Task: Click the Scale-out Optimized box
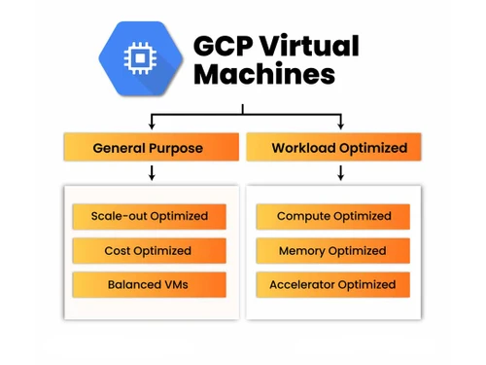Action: click(x=149, y=216)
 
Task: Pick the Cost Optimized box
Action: click(x=149, y=251)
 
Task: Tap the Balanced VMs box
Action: click(x=149, y=285)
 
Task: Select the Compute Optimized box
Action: click(x=333, y=216)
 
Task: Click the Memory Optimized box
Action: click(x=333, y=251)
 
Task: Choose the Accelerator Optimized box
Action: click(x=333, y=285)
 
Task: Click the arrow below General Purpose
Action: click(x=152, y=173)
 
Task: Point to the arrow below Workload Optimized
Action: click(x=340, y=173)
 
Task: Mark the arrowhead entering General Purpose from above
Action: click(x=152, y=126)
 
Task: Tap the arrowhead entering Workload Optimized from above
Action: click(x=340, y=126)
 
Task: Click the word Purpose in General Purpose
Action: click(x=176, y=149)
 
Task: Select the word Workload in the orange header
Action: click(x=303, y=149)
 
